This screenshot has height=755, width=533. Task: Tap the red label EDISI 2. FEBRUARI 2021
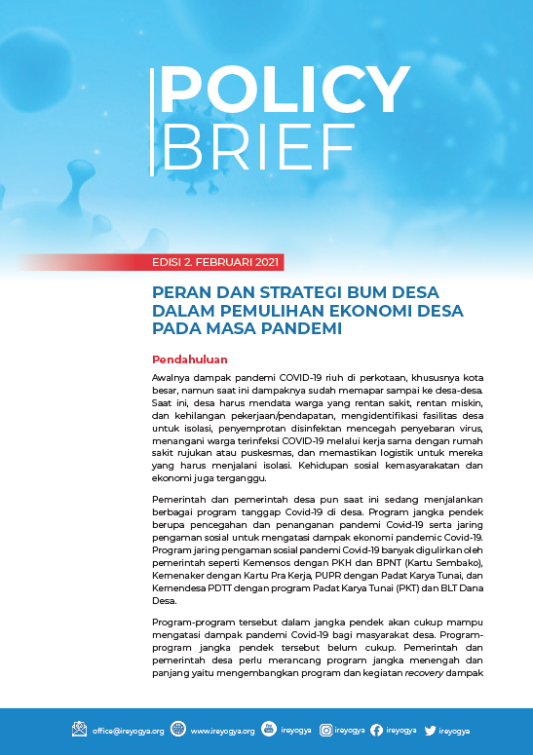coord(216,262)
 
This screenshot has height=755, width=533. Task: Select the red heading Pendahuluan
coord(189,359)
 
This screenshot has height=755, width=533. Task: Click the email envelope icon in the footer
coord(80,729)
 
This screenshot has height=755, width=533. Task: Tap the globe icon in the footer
coord(177,729)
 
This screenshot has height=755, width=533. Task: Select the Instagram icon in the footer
coord(326,729)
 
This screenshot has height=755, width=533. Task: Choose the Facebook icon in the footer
coord(376,729)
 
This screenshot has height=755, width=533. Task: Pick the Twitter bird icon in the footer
coord(430,729)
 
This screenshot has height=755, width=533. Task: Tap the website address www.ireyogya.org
coord(222,730)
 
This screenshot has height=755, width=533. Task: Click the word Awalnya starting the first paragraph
coord(172,376)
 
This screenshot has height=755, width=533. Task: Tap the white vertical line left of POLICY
coord(152,123)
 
